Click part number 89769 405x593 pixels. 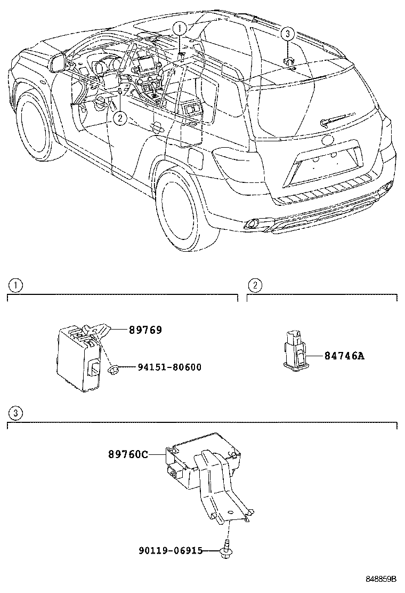[x=145, y=330]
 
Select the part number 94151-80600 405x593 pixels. [x=169, y=367]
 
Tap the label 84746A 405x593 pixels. [x=344, y=356]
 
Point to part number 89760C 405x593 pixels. [x=128, y=454]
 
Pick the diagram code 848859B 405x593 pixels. [x=381, y=578]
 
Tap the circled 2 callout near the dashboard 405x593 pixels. [x=120, y=118]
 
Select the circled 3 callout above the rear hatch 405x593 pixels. [x=287, y=35]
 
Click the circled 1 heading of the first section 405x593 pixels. [x=17, y=286]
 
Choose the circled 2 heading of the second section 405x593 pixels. [x=255, y=286]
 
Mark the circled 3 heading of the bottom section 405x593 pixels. [x=17, y=413]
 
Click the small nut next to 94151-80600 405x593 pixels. [x=113, y=368]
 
